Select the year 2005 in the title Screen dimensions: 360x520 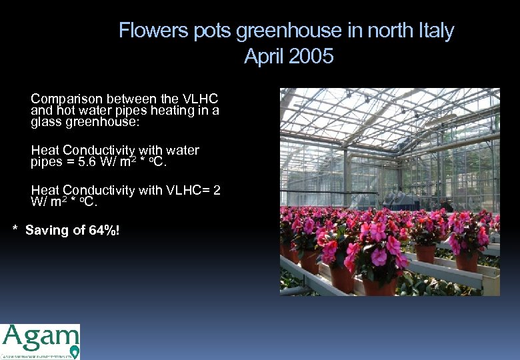[x=311, y=57]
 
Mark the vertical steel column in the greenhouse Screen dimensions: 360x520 [x=345, y=177]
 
